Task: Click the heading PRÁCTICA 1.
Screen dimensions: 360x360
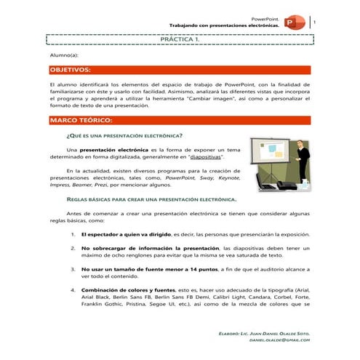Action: (180, 41)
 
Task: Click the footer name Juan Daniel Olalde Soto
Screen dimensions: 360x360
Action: (280, 332)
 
